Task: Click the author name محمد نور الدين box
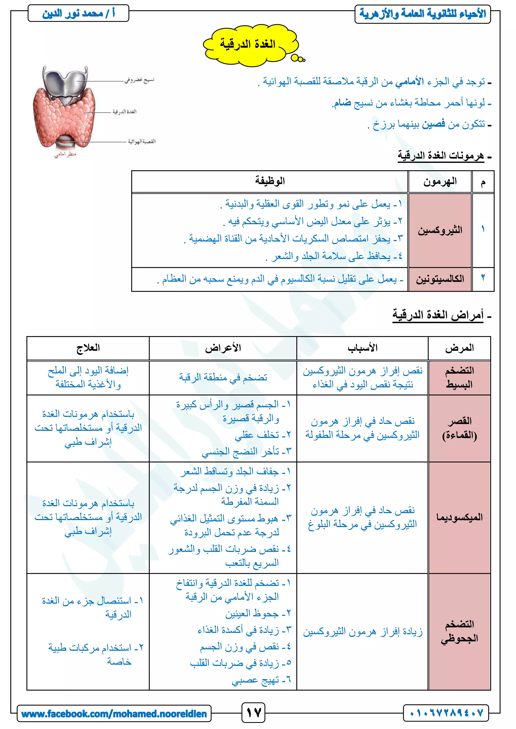click(78, 13)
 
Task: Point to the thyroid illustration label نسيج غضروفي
click(139, 80)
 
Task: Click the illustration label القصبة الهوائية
click(142, 141)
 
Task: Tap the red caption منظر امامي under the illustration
click(65, 154)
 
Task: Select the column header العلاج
click(88, 348)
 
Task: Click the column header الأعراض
click(223, 348)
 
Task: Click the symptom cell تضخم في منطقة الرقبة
click(223, 378)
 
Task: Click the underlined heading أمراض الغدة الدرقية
click(438, 315)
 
